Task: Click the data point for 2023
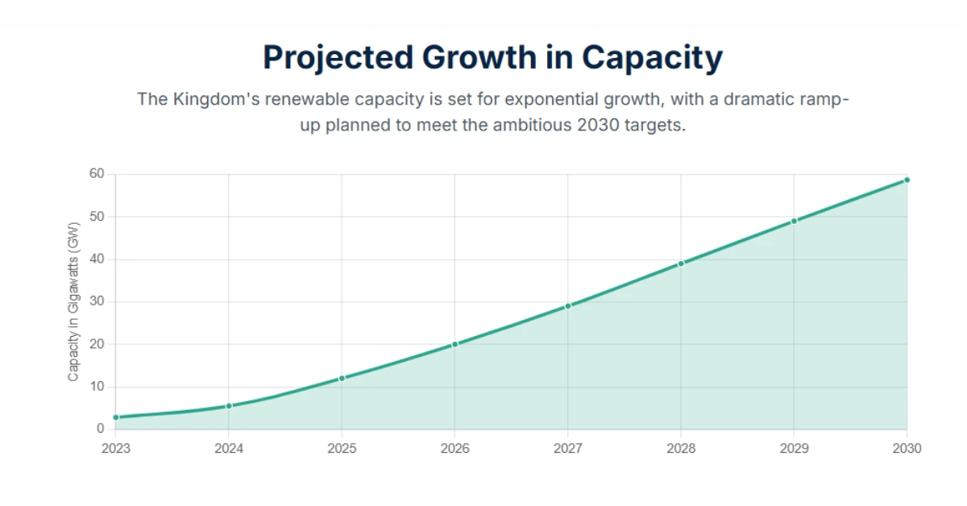pos(116,417)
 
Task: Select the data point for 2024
pos(229,406)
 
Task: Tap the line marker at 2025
pos(342,378)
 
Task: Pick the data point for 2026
pos(454,344)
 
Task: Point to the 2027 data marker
pos(568,306)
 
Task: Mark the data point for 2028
pos(681,263)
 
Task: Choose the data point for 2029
pos(794,221)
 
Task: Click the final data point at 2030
pos(907,180)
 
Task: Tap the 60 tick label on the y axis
pos(97,174)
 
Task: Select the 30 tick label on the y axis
pos(97,301)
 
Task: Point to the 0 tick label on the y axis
pos(101,429)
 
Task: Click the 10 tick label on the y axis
pos(97,387)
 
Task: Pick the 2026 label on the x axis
pos(454,448)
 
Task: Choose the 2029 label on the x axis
pos(794,448)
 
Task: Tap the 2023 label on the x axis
pos(116,448)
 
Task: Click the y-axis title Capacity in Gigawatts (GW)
pos(73,301)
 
